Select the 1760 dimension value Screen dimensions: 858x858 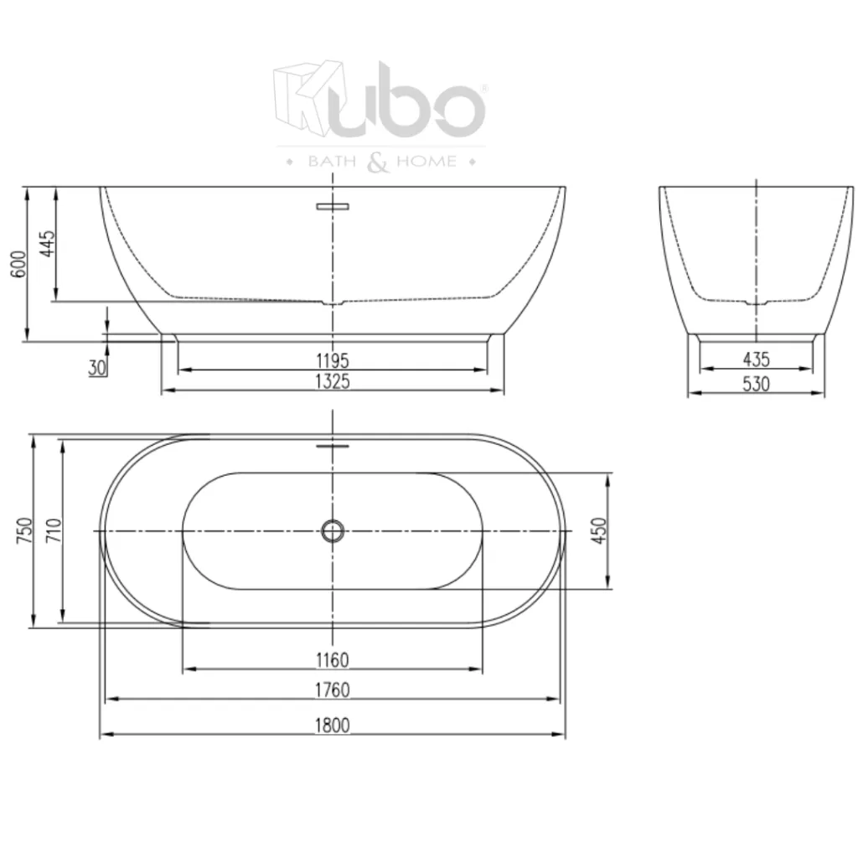coord(333,690)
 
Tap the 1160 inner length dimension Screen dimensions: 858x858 coord(333,660)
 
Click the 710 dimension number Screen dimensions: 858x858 coord(54,531)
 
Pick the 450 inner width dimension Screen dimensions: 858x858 coord(598,531)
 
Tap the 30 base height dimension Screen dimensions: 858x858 coord(97,367)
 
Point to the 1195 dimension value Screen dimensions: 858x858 coord(333,360)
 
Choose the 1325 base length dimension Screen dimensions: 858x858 coord(333,382)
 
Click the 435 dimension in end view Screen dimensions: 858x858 coord(756,360)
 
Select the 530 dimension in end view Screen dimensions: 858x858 coord(756,384)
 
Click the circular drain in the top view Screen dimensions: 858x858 coord(333,531)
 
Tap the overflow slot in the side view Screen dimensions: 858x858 coord(333,205)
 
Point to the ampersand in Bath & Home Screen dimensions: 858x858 coord(378,162)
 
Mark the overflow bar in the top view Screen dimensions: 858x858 coord(333,446)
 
